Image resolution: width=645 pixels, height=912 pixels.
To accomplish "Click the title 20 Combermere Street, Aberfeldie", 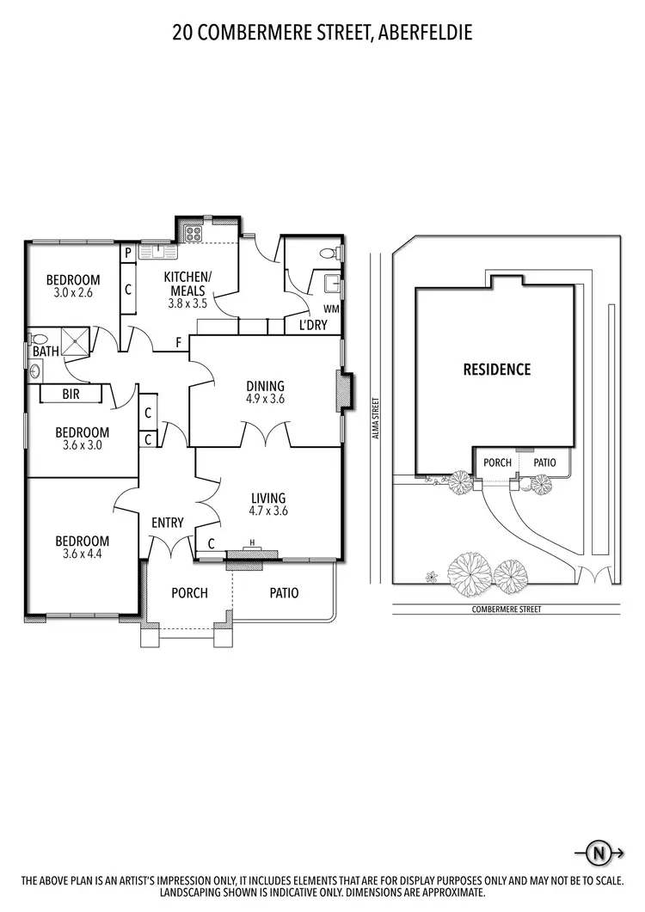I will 322,34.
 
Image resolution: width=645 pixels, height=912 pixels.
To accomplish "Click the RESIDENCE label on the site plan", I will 496,370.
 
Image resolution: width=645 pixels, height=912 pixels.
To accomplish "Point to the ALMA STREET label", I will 375,418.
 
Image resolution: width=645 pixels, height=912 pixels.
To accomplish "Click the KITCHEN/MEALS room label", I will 187,283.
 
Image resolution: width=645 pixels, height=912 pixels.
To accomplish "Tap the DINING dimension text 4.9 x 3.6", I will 264,399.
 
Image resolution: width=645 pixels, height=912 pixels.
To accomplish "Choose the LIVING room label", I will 267,498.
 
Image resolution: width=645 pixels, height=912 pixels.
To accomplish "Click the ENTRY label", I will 168,523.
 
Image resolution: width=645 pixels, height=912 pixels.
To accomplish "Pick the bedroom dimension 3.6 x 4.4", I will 83,554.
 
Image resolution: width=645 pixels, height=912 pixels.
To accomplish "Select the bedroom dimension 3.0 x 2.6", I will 73,293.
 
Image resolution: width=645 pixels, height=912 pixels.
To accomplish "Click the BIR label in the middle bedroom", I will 71,395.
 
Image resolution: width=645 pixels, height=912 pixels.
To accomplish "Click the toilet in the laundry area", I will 328,253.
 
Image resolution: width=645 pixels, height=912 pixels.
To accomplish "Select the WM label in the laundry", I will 330,309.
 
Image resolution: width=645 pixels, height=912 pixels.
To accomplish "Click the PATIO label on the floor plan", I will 284,592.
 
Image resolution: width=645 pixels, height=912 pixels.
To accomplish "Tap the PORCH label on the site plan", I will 497,462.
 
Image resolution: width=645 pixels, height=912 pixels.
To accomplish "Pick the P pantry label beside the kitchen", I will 127,253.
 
